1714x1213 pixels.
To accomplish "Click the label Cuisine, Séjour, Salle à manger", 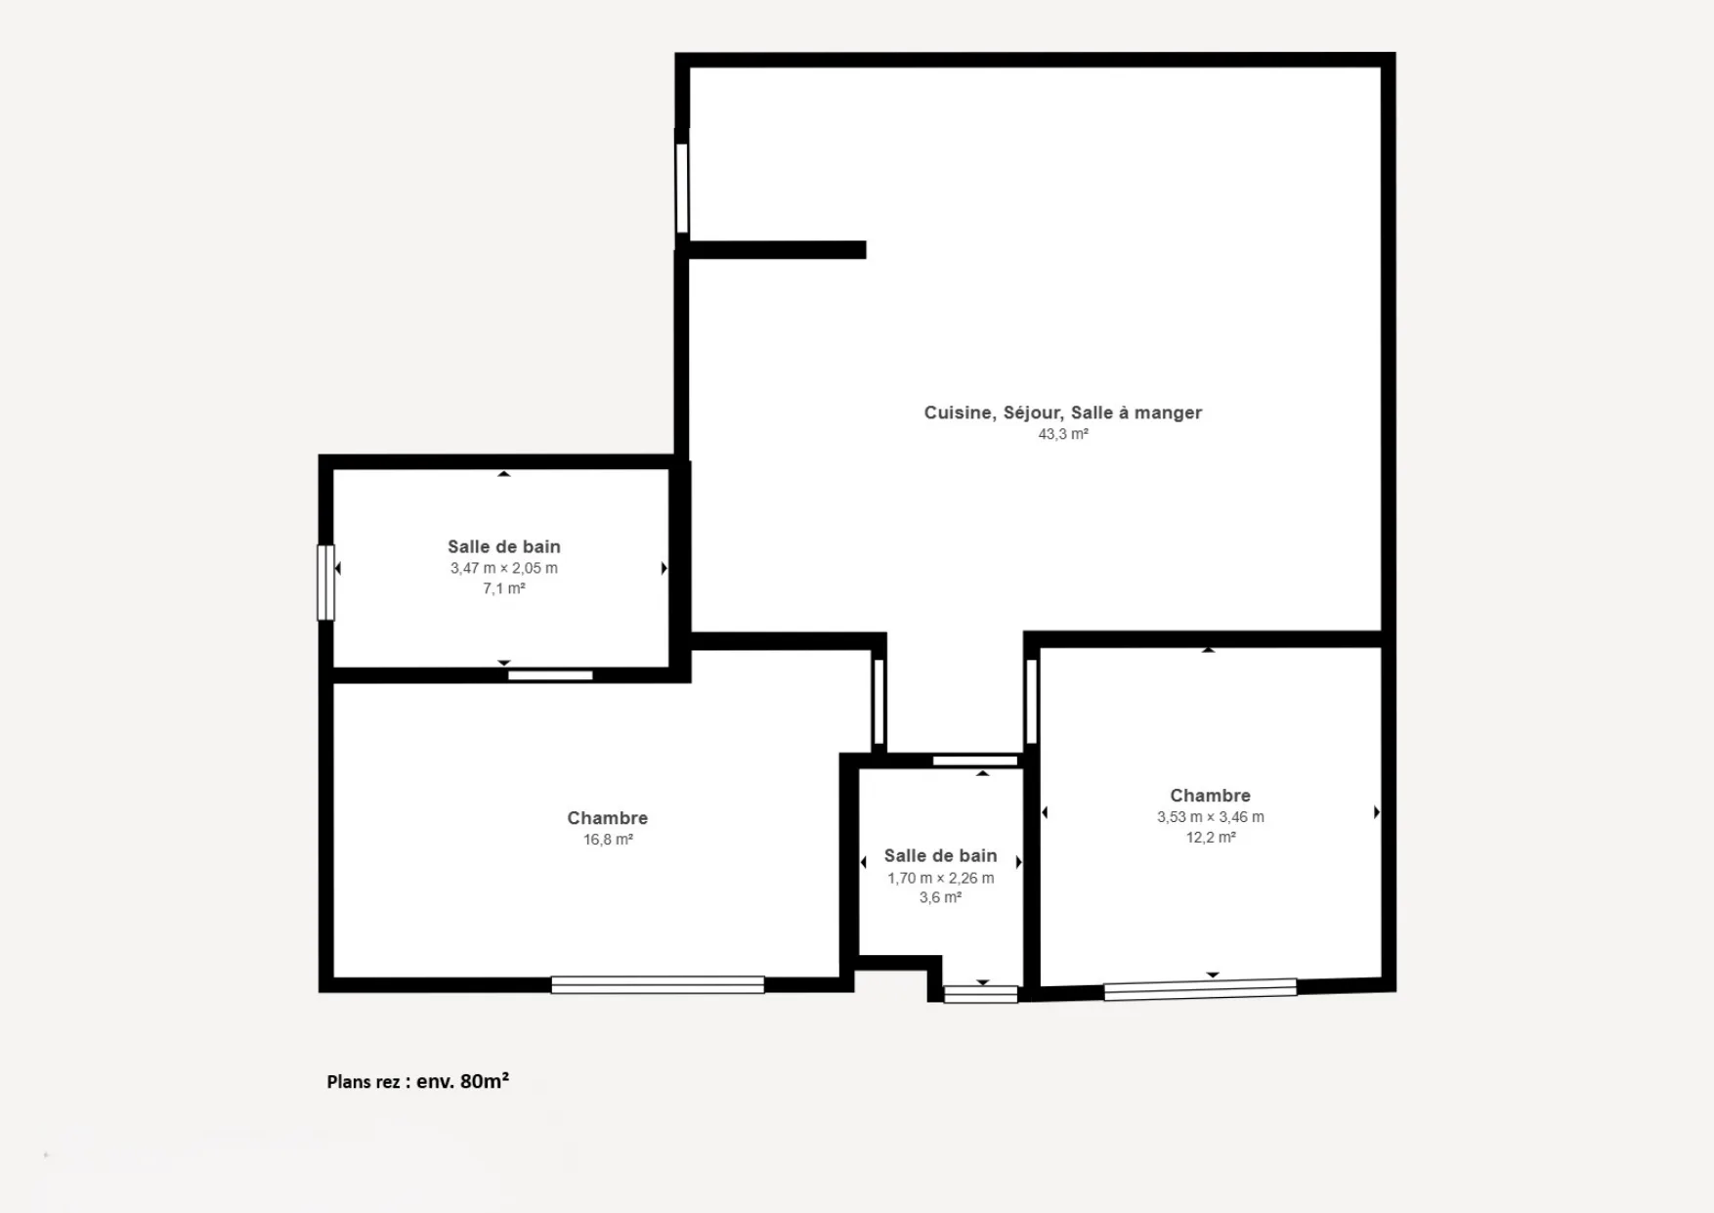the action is (x=1063, y=412).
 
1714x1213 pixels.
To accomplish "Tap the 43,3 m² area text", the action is (x=1063, y=434).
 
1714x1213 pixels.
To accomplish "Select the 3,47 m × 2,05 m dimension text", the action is (x=504, y=568).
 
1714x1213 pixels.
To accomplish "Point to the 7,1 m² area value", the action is (x=504, y=588).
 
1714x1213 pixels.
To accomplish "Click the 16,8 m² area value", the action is (x=608, y=840).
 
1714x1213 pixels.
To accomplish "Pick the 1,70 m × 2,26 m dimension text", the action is (x=941, y=878).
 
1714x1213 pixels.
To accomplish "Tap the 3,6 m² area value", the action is (x=941, y=897).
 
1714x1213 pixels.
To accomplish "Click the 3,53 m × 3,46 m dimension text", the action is (x=1211, y=817).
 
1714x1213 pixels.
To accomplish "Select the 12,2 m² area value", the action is (x=1211, y=838).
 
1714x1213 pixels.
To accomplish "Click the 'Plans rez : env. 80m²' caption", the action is (x=418, y=1081).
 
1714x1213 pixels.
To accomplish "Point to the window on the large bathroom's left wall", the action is (x=326, y=583).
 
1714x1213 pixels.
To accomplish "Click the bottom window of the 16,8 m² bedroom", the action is (x=658, y=985).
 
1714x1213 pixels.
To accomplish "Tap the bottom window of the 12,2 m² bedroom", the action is (x=1200, y=990).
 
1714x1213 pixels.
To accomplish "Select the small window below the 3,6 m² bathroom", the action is (x=981, y=995).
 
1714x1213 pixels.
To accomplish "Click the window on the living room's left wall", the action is (x=682, y=189).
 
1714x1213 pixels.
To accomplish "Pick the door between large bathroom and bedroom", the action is (x=550, y=675).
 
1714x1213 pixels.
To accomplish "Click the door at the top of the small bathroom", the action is (x=975, y=760).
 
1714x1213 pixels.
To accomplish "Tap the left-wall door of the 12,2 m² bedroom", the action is (x=1031, y=702).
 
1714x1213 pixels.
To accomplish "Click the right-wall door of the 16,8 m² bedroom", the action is (x=878, y=702).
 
